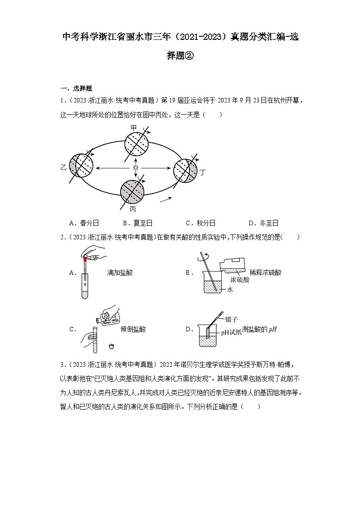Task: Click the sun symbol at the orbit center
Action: [x=135, y=168]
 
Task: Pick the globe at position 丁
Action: [x=186, y=170]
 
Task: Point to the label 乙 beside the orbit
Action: [x=63, y=167]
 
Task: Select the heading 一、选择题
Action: [x=77, y=88]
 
